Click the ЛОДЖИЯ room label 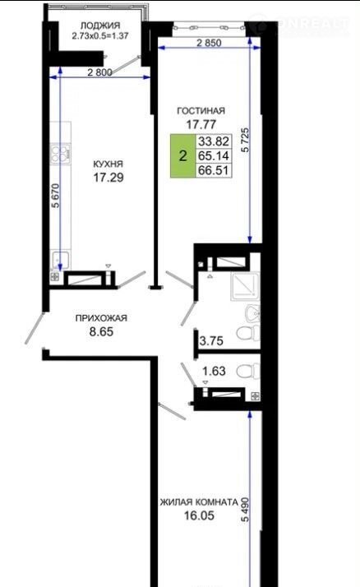[100, 25]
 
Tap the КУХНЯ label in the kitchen [108, 164]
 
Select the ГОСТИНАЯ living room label [201, 111]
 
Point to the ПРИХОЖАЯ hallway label [101, 318]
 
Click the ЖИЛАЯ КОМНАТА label [199, 502]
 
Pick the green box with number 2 [183, 155]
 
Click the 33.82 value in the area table [214, 141]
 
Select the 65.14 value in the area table [214, 155]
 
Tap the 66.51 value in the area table [214, 170]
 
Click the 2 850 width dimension [209, 43]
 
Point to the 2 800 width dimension [99, 72]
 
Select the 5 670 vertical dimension [56, 196]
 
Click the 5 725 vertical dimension [246, 140]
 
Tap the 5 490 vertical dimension [246, 510]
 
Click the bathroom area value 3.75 [211, 341]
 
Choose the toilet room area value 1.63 [214, 371]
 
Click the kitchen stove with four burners [61, 154]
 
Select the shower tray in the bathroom [245, 286]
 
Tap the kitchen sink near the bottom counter [60, 261]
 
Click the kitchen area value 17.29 [108, 177]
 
